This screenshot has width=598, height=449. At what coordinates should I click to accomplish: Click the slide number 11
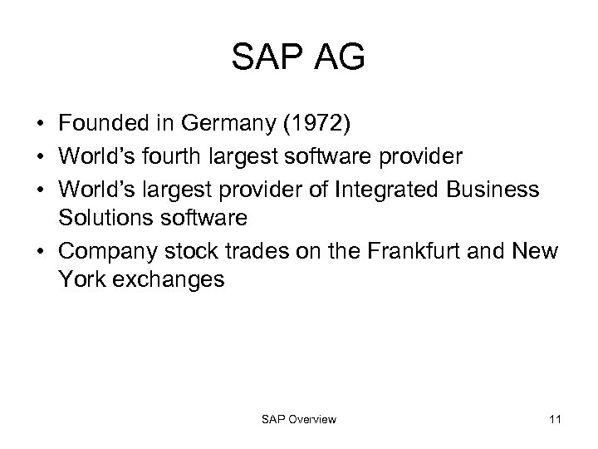tap(555, 420)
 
